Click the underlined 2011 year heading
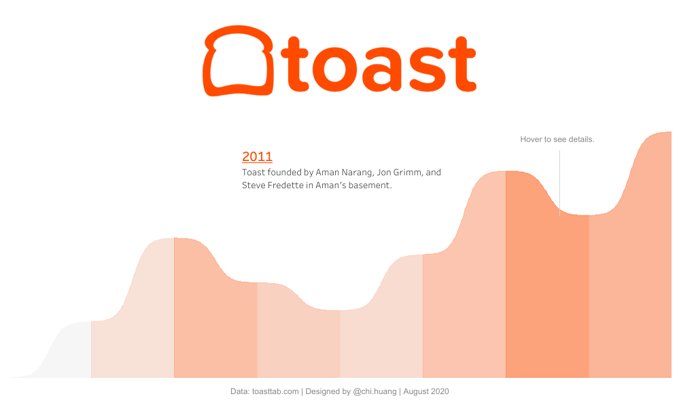257,157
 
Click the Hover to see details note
557,139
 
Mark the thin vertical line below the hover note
559,183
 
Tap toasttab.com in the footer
275,391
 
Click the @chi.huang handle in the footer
375,391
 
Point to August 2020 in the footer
426,391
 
